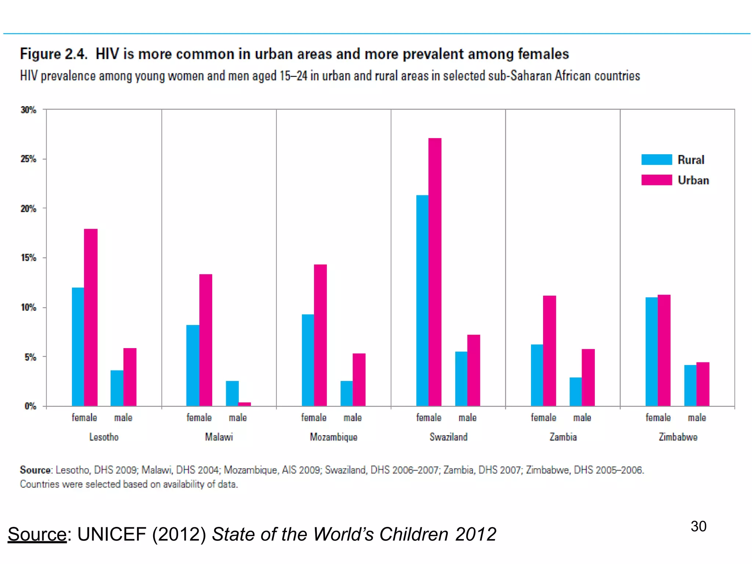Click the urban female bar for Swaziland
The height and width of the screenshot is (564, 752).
point(435,272)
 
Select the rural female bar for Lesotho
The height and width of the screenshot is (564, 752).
point(78,347)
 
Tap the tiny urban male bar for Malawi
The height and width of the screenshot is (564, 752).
point(245,404)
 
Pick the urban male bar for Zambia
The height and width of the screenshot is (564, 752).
point(588,377)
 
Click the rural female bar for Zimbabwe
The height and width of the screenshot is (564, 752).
point(651,351)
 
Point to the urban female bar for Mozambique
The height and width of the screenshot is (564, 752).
point(320,335)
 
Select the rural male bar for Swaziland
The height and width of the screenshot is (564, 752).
point(461,379)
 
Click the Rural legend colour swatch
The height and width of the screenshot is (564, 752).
point(657,159)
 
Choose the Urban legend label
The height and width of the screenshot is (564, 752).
point(693,180)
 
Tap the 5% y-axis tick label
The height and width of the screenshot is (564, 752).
point(30,357)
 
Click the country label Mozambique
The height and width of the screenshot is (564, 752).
point(333,437)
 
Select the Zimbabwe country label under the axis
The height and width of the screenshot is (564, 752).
point(677,437)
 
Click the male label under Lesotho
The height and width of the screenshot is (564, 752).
point(123,418)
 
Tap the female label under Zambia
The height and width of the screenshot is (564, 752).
point(543,418)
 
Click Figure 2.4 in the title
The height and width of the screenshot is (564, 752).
point(54,54)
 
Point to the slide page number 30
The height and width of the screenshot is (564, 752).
point(698,526)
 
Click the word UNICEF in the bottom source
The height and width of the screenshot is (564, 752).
point(112,534)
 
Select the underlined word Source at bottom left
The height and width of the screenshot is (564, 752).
point(37,534)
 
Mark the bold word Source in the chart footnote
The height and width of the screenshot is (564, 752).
point(36,470)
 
